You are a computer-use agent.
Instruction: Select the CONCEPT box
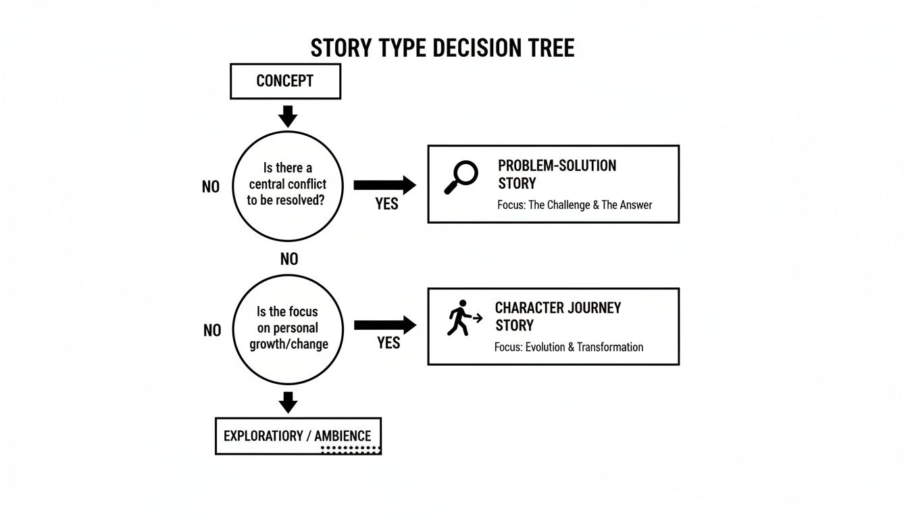pyautogui.click(x=285, y=81)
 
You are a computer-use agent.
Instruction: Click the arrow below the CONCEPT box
pyautogui.click(x=288, y=116)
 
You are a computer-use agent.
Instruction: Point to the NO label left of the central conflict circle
pyautogui.click(x=211, y=187)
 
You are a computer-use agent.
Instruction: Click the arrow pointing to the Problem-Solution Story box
pyautogui.click(x=384, y=184)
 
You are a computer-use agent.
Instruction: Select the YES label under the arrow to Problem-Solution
pyautogui.click(x=386, y=203)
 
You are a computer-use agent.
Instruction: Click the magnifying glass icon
pyautogui.click(x=461, y=177)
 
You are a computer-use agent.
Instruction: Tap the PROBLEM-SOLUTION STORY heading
pyautogui.click(x=557, y=174)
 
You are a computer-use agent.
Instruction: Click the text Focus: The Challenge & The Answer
pyautogui.click(x=574, y=205)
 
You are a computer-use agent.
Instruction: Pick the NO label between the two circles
pyautogui.click(x=288, y=259)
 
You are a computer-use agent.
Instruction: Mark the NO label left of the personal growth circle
pyautogui.click(x=212, y=330)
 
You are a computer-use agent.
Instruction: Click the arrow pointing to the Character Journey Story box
pyautogui.click(x=384, y=325)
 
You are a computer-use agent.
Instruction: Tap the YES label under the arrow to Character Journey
pyautogui.click(x=388, y=343)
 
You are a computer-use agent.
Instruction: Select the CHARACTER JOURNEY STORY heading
pyautogui.click(x=557, y=316)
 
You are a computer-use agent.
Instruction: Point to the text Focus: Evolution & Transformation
pyautogui.click(x=569, y=347)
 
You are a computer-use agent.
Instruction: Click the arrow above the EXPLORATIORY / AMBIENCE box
pyautogui.click(x=288, y=403)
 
